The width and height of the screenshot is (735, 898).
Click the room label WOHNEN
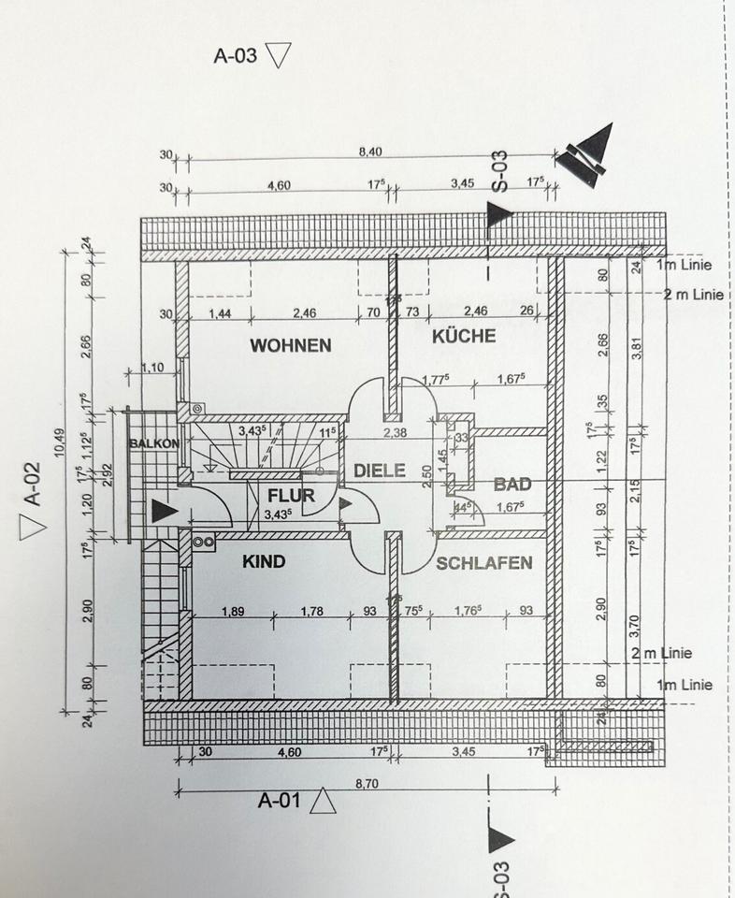290,345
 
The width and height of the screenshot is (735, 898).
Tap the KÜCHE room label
464,336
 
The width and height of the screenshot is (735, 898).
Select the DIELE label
380,471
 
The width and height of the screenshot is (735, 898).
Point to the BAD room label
512,485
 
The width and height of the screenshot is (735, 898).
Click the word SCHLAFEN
483,563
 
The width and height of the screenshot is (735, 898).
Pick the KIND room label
264,562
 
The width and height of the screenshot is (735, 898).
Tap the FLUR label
291,496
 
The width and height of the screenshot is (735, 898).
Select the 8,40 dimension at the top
370,152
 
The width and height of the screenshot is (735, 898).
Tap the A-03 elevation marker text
235,55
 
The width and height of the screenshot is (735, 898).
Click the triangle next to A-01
324,801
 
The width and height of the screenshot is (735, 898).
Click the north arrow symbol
587,152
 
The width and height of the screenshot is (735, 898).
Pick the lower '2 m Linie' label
660,653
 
